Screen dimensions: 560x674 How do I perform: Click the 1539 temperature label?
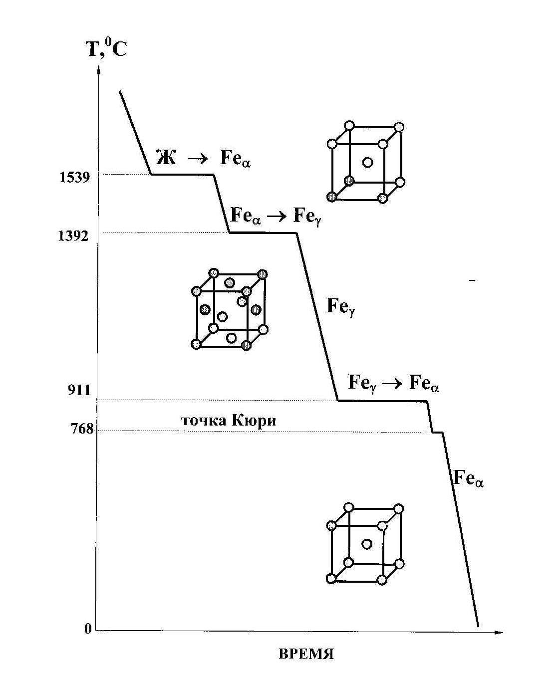click(x=74, y=178)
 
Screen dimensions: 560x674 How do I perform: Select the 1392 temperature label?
click(x=73, y=236)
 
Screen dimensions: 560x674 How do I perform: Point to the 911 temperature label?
click(x=79, y=390)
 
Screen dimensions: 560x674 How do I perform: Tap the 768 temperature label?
click(x=82, y=429)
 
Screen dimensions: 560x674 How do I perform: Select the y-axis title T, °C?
click(x=106, y=48)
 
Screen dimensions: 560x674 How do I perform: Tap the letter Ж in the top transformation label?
click(x=166, y=157)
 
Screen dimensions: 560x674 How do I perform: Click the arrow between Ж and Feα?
click(x=198, y=159)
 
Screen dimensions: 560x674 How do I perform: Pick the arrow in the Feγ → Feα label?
click(x=392, y=384)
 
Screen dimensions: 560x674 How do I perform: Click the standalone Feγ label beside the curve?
click(x=341, y=306)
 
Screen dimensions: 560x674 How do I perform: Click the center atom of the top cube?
click(x=367, y=162)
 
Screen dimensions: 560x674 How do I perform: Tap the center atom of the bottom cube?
click(x=366, y=544)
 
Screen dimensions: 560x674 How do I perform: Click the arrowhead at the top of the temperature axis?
click(x=98, y=71)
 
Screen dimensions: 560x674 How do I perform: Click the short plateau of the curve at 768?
click(x=438, y=432)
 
